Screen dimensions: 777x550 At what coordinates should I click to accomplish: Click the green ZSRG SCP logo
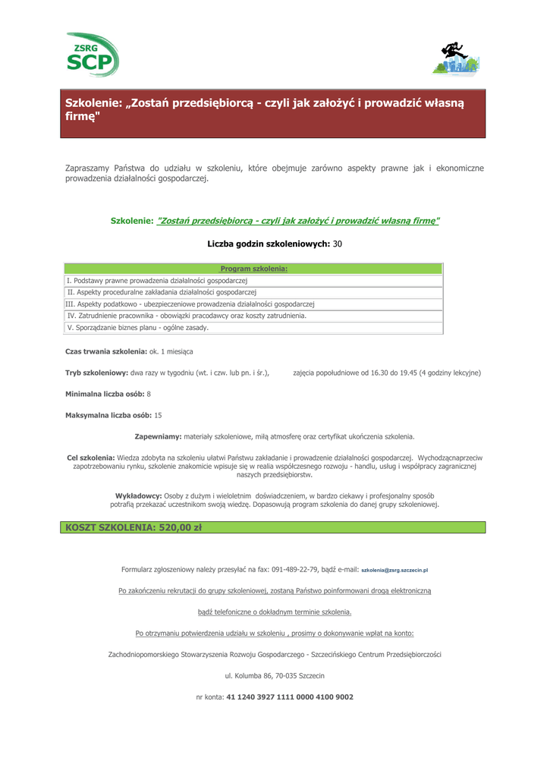coord(92,55)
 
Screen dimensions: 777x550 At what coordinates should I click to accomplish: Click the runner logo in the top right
coord(455,58)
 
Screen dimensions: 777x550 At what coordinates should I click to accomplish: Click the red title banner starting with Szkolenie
coord(273,113)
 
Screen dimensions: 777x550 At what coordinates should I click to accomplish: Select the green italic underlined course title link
coord(297,221)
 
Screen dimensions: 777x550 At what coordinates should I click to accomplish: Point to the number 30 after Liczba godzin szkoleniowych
coord(338,244)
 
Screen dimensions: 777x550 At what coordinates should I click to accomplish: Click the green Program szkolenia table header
coord(253,269)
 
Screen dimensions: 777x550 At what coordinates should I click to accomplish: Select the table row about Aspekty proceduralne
coord(162,292)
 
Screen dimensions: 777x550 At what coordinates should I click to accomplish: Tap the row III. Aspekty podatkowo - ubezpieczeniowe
coord(190,304)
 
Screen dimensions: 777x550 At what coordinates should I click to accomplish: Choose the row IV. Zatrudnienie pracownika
coord(187,316)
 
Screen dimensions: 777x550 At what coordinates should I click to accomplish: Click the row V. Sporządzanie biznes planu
coord(137,328)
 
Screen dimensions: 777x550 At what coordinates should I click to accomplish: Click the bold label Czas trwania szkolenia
coord(106,352)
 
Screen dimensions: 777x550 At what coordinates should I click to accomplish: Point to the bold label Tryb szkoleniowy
coord(97,373)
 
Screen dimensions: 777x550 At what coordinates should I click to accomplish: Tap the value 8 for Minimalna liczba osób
coord(149,395)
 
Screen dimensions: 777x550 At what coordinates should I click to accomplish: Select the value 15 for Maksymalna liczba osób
coord(158,416)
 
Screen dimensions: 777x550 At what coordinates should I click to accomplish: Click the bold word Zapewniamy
coord(158,437)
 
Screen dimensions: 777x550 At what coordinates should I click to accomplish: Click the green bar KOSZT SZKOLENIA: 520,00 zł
coord(273,527)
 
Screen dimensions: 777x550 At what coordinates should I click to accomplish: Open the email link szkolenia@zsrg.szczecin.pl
coord(395,570)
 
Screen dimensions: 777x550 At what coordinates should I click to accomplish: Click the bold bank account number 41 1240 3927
coord(290,697)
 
